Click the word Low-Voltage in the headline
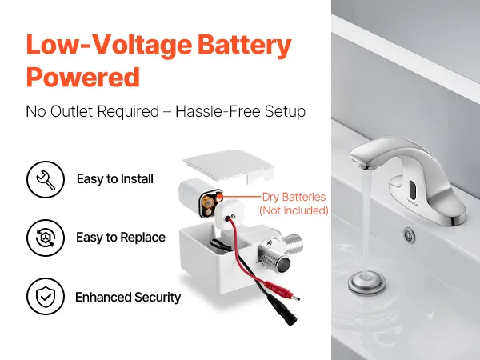(109, 46)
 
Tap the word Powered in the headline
(83, 77)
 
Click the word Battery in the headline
(244, 46)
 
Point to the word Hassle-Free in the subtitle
(218, 111)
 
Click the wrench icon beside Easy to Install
(46, 179)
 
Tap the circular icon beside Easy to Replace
(46, 238)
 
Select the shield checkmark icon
(46, 296)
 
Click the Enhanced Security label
(128, 298)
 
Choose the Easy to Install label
(115, 178)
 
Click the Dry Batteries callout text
(294, 197)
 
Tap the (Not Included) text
(294, 210)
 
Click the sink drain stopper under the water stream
(366, 282)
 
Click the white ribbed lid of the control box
(228, 166)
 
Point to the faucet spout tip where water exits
(366, 167)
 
